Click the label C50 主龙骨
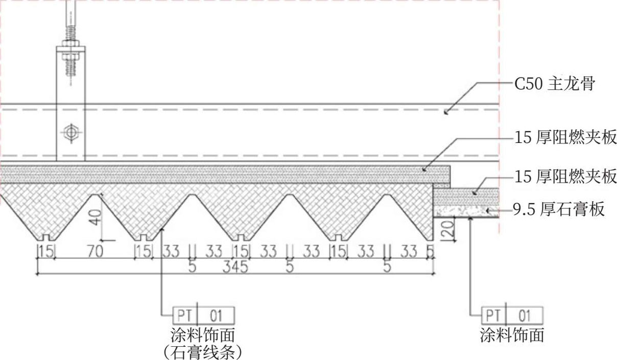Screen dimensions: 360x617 point(554,84)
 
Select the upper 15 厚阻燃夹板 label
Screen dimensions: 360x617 point(566,137)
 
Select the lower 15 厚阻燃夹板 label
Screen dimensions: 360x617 point(566,177)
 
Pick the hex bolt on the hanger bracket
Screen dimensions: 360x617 point(70,133)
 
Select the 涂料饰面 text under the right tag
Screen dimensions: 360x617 point(512,335)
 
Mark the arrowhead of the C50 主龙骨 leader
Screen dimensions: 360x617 point(445,111)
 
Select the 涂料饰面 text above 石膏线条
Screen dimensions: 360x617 point(203,335)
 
